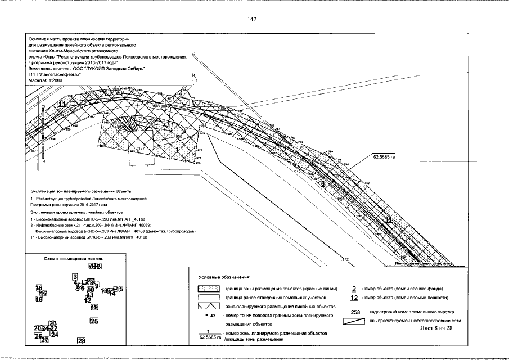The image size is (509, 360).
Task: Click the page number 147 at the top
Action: [x=251, y=19]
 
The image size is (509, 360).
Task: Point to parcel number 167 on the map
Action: [x=141, y=147]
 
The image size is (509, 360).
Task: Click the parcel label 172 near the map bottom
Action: [x=346, y=259]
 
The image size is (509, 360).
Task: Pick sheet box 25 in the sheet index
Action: [x=94, y=321]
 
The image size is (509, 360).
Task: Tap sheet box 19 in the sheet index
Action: [x=94, y=307]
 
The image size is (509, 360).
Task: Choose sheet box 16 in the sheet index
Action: [x=39, y=288]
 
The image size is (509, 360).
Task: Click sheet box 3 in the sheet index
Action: [x=74, y=276]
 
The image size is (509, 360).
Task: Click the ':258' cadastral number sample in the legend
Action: [x=354, y=312]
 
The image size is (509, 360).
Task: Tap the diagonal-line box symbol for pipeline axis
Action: [x=354, y=321]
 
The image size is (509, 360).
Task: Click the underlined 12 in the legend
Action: [x=354, y=298]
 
